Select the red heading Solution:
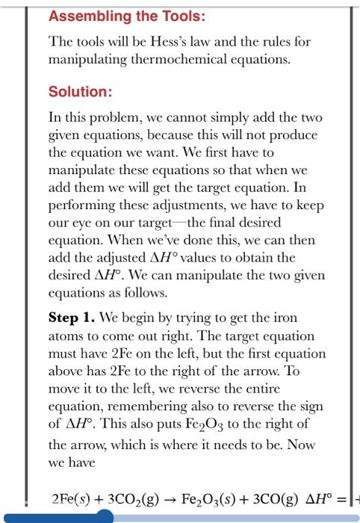pos(81,92)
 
